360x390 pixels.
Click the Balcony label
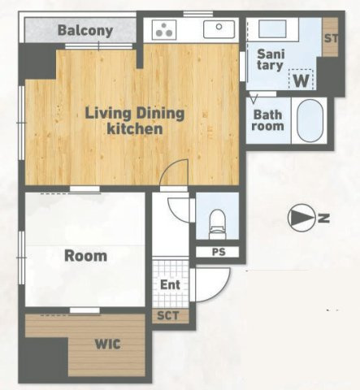point(85,31)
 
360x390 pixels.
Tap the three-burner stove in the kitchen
point(164,30)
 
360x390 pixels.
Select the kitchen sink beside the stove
point(219,29)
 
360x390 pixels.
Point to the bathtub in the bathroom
point(310,121)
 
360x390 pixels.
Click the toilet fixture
point(217,224)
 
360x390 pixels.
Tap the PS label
point(219,252)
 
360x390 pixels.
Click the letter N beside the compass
point(323,218)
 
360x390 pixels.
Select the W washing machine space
point(301,79)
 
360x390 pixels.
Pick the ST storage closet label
point(331,38)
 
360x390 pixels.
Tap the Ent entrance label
point(170,284)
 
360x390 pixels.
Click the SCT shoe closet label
point(168,315)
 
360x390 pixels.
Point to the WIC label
point(108,344)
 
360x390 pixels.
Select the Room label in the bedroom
point(85,256)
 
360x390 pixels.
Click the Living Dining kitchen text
point(135,121)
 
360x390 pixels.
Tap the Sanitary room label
point(270,59)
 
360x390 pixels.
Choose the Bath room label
point(267,120)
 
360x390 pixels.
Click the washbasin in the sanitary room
point(272,28)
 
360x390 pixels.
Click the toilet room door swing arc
point(174,213)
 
